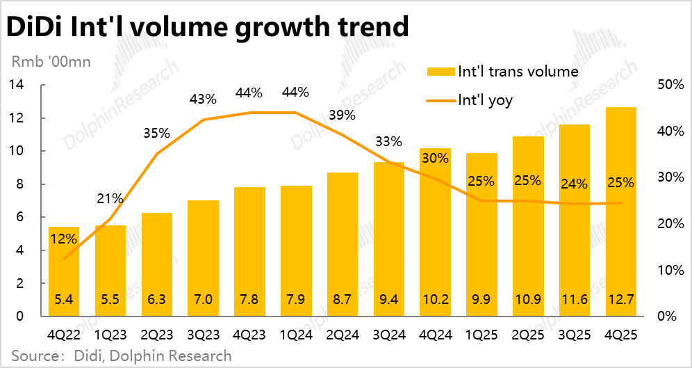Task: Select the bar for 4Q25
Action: point(620,209)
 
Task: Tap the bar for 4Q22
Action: point(63,271)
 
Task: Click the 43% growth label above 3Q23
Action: point(202,99)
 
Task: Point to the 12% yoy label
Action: point(63,239)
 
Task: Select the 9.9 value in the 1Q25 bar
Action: point(481,301)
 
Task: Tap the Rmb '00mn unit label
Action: point(50,61)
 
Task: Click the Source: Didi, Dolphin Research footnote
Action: point(122,355)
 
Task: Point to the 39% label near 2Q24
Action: point(341,115)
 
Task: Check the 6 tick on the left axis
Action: point(20,217)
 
